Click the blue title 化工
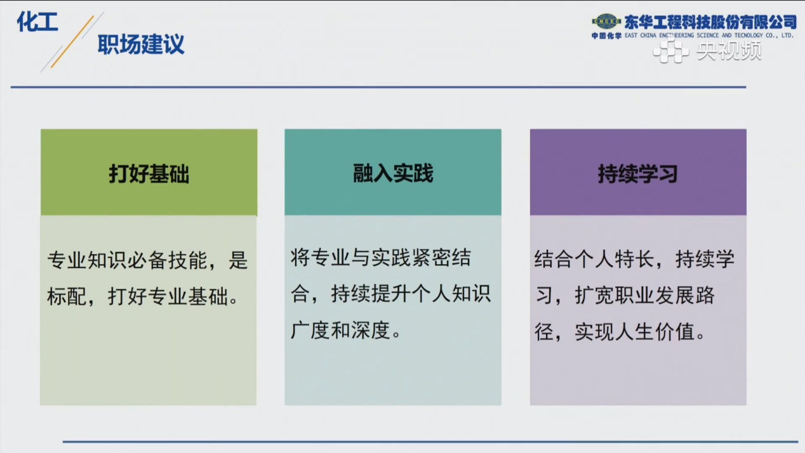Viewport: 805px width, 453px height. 37,22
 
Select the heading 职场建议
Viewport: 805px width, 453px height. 141,44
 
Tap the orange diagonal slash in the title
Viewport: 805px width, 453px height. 72,42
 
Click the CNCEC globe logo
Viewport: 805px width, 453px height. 606,22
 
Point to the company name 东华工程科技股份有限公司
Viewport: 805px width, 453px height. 710,22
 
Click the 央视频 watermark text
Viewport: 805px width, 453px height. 729,50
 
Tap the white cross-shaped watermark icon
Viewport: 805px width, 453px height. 670,51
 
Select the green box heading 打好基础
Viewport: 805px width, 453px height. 149,174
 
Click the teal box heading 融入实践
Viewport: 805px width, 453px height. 393,173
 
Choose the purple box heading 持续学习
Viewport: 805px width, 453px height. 638,174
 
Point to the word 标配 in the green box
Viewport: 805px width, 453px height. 67,297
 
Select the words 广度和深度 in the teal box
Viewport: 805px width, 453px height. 340,331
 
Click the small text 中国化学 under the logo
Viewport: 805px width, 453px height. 607,36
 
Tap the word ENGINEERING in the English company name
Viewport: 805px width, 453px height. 676,35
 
